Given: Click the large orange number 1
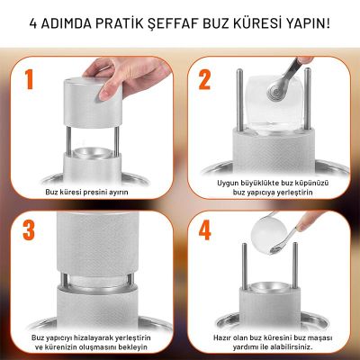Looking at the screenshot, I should pos(30,79).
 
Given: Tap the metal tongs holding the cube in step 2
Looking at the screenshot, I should pos(290,74).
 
